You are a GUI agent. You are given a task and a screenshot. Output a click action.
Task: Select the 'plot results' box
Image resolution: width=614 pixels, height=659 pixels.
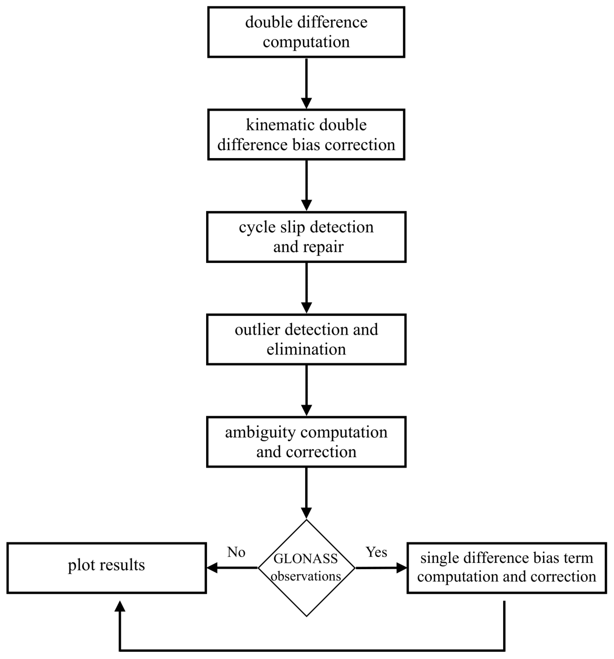pyautogui.click(x=106, y=568)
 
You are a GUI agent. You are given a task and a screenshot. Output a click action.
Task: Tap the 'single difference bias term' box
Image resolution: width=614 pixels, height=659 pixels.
pyautogui.click(x=506, y=568)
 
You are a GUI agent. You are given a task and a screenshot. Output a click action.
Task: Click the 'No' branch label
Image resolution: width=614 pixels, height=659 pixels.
pyautogui.click(x=236, y=552)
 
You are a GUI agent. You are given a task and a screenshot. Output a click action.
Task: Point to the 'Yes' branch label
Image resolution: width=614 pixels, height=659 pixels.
pyautogui.click(x=376, y=552)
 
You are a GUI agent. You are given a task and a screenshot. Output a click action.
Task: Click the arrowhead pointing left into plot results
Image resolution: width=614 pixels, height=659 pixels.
pyautogui.click(x=212, y=568)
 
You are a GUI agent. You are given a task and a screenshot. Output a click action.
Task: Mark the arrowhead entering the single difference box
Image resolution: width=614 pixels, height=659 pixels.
pyautogui.click(x=401, y=568)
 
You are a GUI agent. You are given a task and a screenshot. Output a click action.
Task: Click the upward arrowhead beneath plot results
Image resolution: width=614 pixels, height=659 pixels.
pyautogui.click(x=120, y=607)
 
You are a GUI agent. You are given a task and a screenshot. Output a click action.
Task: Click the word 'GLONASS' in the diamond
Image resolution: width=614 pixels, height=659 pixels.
pyautogui.click(x=305, y=559)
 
